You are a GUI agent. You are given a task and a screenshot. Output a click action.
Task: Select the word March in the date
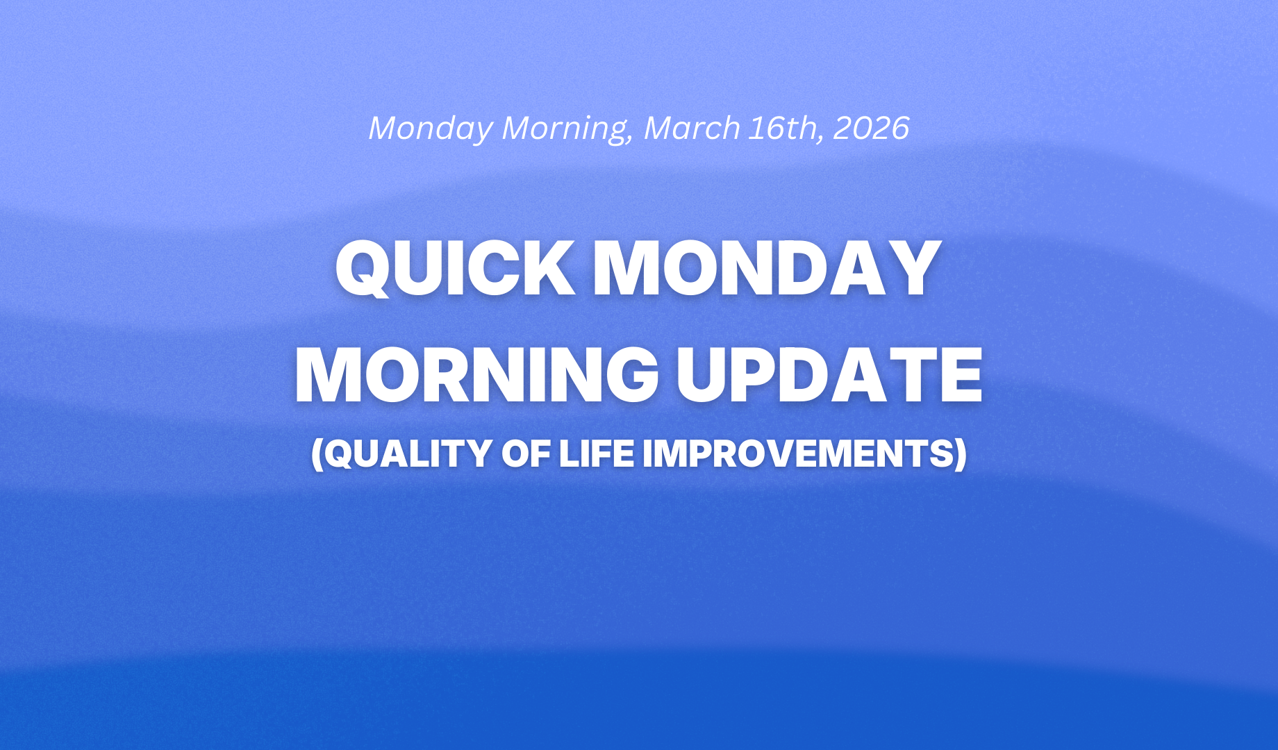692,128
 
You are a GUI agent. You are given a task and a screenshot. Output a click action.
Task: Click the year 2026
871,128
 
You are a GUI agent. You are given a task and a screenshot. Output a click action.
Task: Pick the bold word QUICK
455,269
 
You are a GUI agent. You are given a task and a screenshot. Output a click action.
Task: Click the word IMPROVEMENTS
796,453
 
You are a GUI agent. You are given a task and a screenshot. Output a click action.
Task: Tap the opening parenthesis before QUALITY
317,455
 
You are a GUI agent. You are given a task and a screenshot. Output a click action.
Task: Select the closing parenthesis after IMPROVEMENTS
959,455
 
